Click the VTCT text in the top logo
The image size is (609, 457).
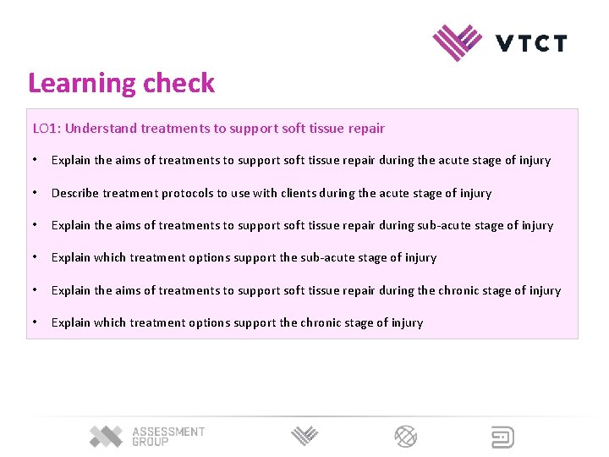(531, 42)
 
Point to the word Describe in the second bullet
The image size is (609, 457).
(75, 193)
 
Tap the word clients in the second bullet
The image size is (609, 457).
(299, 193)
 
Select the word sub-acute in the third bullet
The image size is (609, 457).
(443, 225)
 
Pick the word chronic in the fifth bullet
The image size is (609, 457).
(463, 290)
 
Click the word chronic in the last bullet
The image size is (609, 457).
(325, 322)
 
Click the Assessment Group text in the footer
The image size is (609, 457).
(168, 437)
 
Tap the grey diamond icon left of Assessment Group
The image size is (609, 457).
(107, 437)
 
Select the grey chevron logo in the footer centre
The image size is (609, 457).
(304, 437)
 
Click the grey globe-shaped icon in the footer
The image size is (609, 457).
(406, 437)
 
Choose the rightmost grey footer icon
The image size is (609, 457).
(503, 437)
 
